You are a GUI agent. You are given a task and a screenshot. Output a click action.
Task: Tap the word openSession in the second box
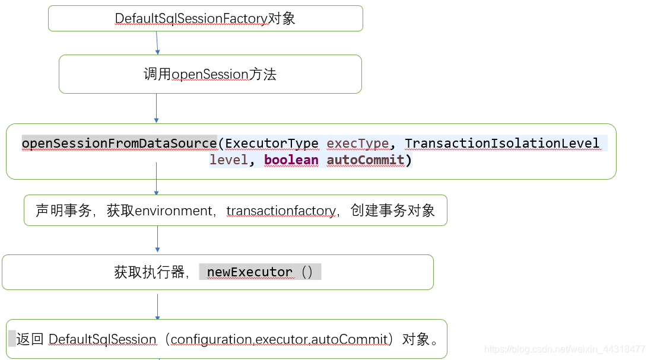[201, 75]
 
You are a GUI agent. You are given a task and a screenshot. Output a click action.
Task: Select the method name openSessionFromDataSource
[119, 144]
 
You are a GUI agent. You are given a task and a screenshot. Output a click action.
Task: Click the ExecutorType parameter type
[272, 144]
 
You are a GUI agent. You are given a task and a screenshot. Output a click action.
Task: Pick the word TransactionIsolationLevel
[502, 144]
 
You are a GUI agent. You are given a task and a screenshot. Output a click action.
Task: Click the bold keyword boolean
[291, 160]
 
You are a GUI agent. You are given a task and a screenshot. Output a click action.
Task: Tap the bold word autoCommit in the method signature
[365, 160]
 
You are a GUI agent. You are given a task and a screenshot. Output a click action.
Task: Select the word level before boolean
[228, 160]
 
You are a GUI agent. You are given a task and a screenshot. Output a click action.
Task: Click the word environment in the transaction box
[173, 211]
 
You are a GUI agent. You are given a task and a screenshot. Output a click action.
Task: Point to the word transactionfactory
[281, 211]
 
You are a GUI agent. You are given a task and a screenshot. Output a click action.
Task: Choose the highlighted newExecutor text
[250, 272]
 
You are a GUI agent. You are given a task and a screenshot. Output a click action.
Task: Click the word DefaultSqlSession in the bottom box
[102, 339]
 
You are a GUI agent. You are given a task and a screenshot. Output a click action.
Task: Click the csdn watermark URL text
[564, 349]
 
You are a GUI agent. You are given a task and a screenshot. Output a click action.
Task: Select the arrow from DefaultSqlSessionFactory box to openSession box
[157, 43]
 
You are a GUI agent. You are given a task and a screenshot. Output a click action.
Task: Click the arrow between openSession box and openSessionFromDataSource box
[156, 108]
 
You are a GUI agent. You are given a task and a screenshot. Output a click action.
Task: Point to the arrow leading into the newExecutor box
[157, 240]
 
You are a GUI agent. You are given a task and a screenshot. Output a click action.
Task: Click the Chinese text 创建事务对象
[393, 211]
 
